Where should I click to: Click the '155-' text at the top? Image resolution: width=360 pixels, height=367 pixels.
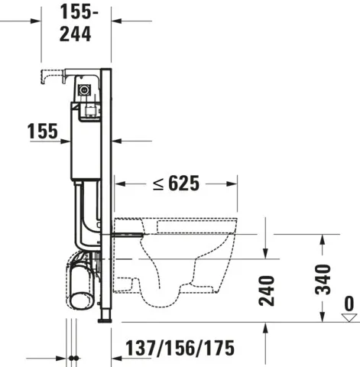79,12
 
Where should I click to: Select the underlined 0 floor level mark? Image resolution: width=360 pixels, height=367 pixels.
349,304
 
